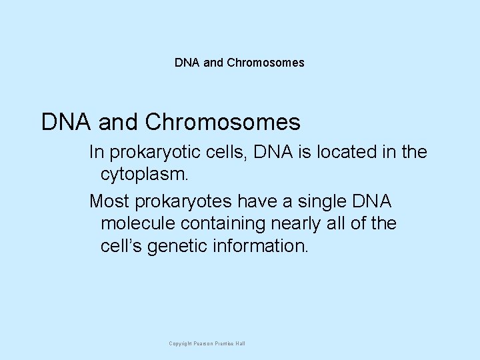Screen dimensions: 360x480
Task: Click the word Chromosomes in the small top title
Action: pos(265,63)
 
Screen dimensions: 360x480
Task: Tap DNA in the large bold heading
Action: pos(66,122)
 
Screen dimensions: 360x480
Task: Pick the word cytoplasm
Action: pos(142,175)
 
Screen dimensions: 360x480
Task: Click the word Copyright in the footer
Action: pos(181,343)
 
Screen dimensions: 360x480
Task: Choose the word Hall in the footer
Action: pos(239,343)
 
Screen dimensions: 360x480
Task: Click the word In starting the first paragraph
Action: pos(96,153)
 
